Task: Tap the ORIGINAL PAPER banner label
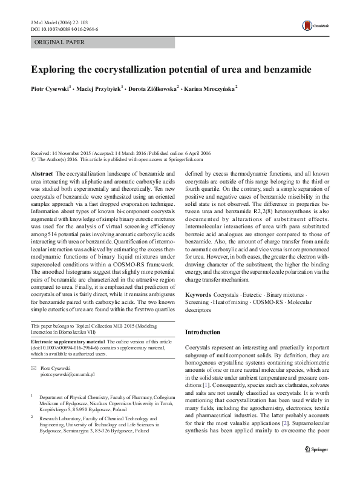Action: (59, 42)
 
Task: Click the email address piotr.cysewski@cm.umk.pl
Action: (68, 375)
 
